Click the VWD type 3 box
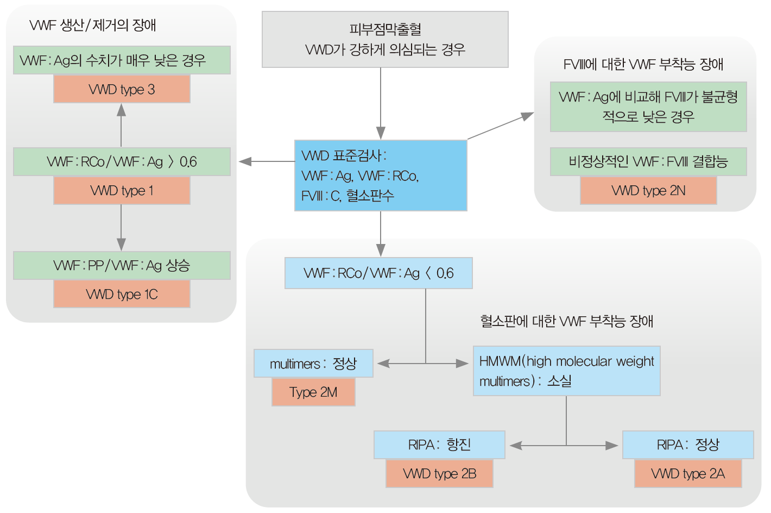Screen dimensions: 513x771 tap(122, 89)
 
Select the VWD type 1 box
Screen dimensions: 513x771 tap(122, 191)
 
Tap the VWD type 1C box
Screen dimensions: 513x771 tap(122, 294)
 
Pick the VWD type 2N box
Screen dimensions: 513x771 tap(648, 191)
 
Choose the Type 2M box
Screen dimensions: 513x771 tap(313, 392)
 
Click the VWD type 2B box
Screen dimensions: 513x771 tap(439, 474)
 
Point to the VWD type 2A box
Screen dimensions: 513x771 tap(688, 474)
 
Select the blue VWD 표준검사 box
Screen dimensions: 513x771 tap(381, 176)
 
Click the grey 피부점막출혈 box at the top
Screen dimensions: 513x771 tap(385, 40)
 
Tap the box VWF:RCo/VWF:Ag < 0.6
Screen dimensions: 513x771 tap(378, 273)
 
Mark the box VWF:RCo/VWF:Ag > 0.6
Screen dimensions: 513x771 tap(122, 162)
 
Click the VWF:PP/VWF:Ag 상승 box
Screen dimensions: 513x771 tap(122, 266)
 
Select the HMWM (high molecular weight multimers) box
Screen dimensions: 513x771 tap(566, 371)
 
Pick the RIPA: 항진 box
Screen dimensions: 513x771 tap(439, 445)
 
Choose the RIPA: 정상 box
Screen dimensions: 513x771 tap(688, 445)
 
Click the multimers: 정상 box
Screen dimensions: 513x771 tap(313, 364)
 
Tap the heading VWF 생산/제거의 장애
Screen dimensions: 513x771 tap(93, 25)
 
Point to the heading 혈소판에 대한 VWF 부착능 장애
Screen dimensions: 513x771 tap(566, 321)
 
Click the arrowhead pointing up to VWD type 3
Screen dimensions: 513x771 tap(121, 110)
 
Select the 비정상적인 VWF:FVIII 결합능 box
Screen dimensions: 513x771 tap(648, 162)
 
